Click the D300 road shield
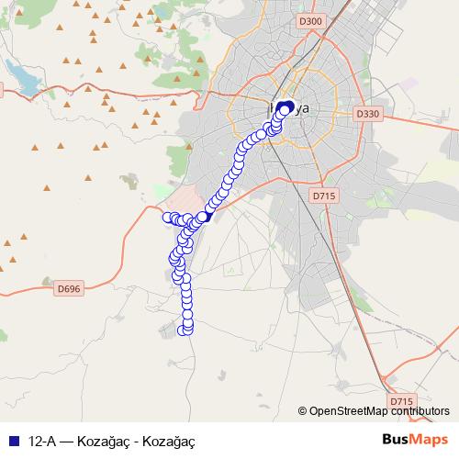311,21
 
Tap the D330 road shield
367,113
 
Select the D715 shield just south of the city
323,196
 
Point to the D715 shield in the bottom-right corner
401,401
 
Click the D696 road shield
69,288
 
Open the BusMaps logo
416,439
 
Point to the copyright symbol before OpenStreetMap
303,411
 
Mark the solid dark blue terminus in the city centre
284,108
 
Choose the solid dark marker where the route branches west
207,216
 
